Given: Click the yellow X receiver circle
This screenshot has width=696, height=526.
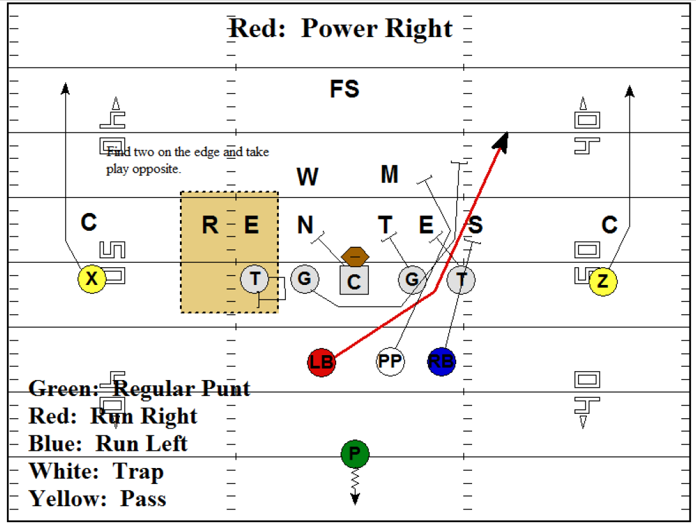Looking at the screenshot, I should pos(92,279).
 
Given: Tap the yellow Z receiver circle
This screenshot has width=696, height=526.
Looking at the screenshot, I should pos(603,282).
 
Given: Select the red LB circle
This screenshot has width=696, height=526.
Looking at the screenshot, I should pos(321,362).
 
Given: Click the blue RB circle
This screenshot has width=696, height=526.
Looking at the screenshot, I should pos(441,362).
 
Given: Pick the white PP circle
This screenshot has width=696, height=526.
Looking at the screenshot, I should pos(390,362).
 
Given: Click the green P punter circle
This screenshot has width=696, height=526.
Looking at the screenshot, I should pos(355,454).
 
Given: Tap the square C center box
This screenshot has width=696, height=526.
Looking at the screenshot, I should pos(354,281).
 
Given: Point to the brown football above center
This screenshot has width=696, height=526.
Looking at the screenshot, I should pos(356,256).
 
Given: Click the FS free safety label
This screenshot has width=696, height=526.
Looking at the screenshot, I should pos(344,89).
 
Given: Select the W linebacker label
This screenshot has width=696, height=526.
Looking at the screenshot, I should pos(307,177).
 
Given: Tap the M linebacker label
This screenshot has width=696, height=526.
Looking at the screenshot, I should pos(389,174).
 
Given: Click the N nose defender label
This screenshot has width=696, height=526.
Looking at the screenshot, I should pos(306,225).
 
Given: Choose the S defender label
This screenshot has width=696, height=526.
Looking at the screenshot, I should pos(476,225).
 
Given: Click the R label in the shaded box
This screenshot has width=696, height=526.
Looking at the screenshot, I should pos(210,225).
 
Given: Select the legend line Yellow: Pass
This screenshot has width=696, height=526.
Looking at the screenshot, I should pos(98,498).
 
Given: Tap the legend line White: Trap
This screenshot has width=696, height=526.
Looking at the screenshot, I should pos(96,471).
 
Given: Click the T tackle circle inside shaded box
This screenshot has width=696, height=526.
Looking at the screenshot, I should pos(255,279).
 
